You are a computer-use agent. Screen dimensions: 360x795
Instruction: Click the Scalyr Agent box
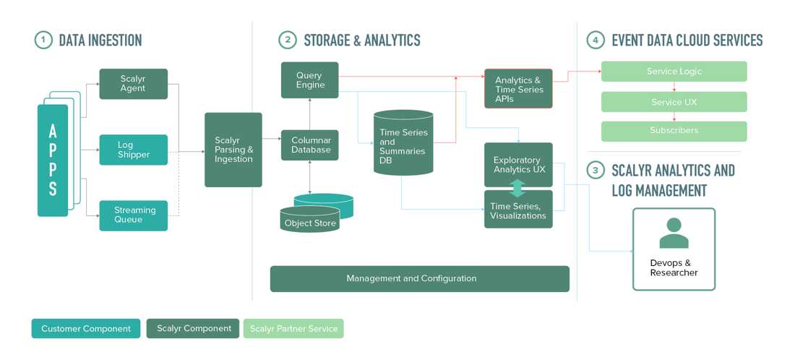(133, 84)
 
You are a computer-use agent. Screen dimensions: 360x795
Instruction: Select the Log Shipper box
(133, 150)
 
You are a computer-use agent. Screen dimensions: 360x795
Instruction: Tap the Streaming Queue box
(133, 215)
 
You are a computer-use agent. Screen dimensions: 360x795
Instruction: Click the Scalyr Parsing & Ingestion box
(233, 150)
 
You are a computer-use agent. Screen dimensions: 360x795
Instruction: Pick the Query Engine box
(309, 80)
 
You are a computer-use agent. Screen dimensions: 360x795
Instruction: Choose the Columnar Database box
(309, 145)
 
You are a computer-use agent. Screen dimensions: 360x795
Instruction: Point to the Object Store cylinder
(310, 220)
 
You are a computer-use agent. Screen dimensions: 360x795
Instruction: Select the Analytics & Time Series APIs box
(518, 89)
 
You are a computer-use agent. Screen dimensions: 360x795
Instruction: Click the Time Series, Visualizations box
(518, 210)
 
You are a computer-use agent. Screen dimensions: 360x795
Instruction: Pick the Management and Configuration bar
(419, 278)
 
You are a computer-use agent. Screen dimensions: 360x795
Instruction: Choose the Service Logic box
(674, 72)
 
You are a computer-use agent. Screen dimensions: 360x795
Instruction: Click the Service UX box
(674, 102)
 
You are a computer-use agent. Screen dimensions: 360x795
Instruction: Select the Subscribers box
(674, 131)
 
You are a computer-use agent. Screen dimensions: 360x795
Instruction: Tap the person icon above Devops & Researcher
(674, 233)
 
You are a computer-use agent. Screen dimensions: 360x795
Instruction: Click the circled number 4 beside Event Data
(595, 40)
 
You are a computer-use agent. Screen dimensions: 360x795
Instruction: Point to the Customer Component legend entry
(86, 329)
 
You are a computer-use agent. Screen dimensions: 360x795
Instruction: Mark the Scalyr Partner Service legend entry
(293, 329)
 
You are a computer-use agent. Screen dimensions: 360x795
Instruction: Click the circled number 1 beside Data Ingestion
(43, 40)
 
